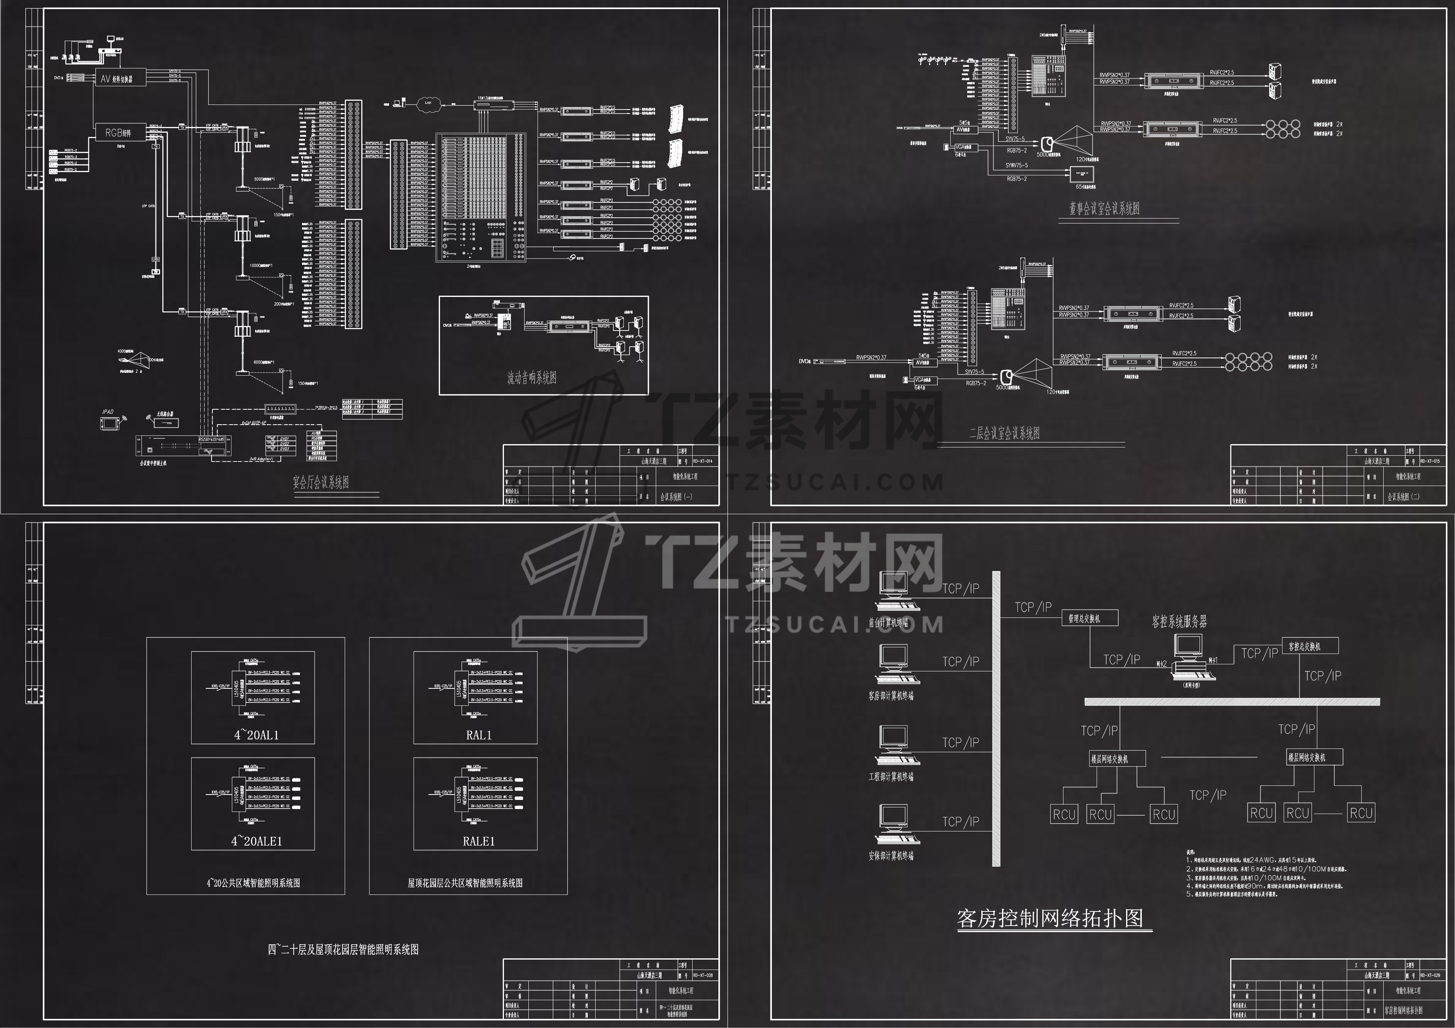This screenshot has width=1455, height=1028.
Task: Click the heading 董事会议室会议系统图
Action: click(x=1105, y=209)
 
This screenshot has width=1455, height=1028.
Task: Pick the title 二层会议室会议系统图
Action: click(x=1005, y=433)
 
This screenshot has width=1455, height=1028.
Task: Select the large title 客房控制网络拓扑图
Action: click(x=1050, y=919)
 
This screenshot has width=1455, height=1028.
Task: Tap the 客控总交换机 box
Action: click(x=1310, y=646)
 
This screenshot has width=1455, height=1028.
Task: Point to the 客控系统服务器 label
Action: click(x=1179, y=622)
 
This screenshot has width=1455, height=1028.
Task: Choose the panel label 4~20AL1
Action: click(x=256, y=735)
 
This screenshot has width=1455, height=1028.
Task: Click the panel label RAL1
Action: click(x=479, y=735)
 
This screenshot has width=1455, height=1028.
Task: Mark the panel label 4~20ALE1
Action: click(x=256, y=841)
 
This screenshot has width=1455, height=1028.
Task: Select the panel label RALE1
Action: click(x=479, y=841)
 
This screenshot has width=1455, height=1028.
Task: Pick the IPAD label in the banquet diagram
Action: click(x=108, y=412)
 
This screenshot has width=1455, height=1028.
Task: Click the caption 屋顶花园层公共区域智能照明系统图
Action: click(x=465, y=882)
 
